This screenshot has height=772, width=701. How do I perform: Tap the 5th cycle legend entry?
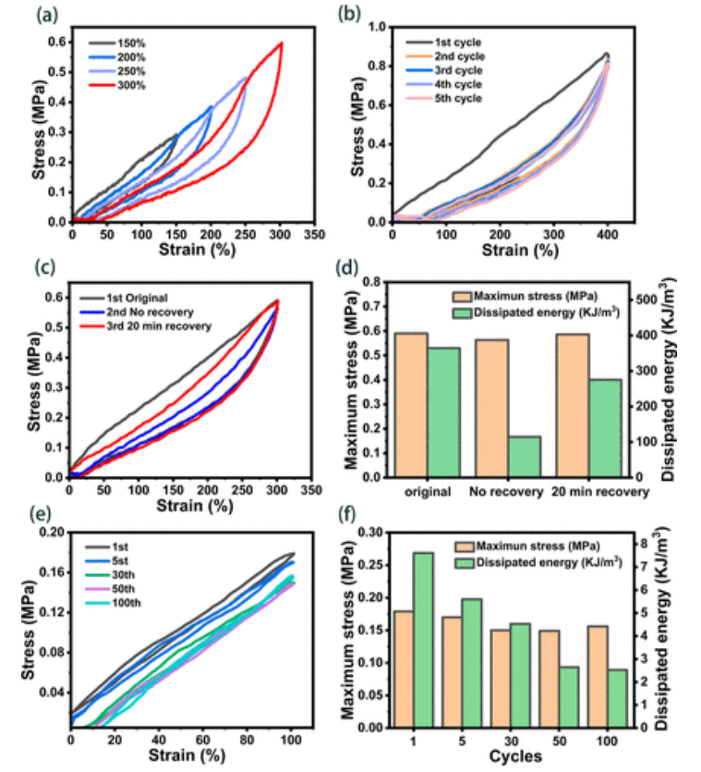coord(456,98)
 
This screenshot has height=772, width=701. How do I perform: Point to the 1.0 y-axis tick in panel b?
coord(376,28)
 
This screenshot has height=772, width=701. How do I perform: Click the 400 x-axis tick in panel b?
coord(606,234)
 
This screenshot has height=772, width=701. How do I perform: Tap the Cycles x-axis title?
coord(512,757)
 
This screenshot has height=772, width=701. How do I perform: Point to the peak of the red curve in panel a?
coord(281,43)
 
